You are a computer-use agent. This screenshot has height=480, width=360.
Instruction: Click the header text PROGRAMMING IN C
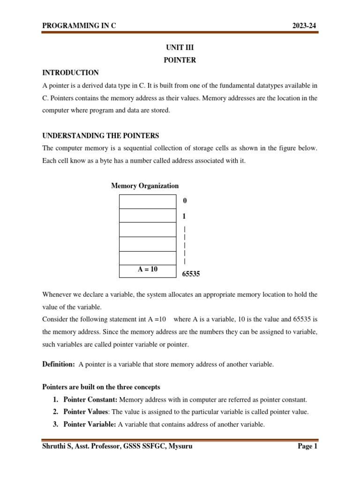click(79, 26)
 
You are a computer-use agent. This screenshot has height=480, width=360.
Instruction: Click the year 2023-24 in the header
click(305, 26)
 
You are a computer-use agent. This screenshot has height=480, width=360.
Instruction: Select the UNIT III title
click(180, 48)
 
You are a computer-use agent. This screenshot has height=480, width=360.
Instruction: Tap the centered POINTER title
click(180, 60)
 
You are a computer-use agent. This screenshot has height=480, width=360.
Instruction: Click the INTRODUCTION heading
click(70, 73)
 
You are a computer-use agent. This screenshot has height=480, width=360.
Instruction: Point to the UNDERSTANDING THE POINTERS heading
click(101, 136)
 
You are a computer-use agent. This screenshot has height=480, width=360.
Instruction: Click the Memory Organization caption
click(145, 186)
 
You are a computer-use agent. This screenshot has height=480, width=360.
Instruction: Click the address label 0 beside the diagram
click(185, 201)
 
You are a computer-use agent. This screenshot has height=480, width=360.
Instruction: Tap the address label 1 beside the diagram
click(184, 217)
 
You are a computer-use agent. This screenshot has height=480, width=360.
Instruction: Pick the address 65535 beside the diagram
click(191, 274)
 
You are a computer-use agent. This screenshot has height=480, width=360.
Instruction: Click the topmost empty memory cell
click(148, 201)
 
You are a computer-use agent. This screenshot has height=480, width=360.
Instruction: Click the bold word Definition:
click(59, 364)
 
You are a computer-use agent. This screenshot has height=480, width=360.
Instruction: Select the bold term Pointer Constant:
click(91, 400)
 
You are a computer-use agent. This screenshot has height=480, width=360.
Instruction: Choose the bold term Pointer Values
click(86, 412)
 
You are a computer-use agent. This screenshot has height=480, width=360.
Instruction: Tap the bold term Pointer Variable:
click(90, 425)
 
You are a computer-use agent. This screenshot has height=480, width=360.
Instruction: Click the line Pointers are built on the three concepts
click(101, 387)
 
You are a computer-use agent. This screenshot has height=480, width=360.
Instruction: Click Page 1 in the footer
click(307, 447)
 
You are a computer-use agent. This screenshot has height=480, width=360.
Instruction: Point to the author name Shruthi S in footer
click(57, 447)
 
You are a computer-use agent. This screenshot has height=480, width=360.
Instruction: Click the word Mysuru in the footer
click(180, 447)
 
